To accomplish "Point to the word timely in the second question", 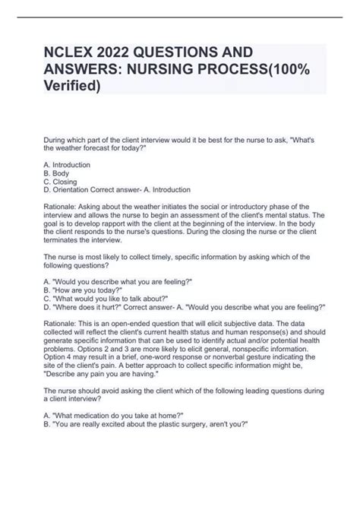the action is [150, 258].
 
